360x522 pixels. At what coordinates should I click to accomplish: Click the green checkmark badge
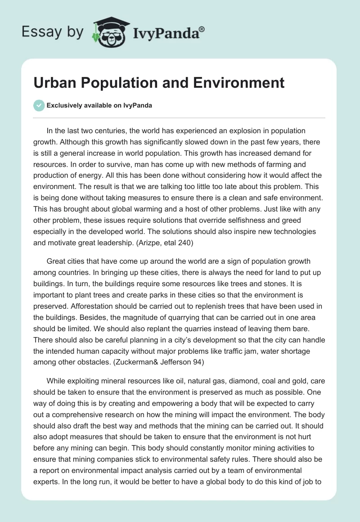click(x=39, y=105)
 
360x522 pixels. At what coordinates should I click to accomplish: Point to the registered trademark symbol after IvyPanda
click(x=202, y=28)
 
